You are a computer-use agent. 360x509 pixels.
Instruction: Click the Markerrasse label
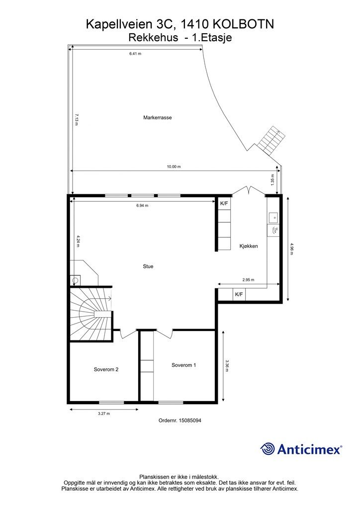pyautogui.click(x=158, y=117)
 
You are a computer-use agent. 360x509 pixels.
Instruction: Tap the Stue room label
pyautogui.click(x=148, y=266)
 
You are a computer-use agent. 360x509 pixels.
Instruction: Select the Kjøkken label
pyautogui.click(x=249, y=246)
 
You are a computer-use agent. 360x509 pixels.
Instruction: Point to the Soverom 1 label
pyautogui.click(x=184, y=365)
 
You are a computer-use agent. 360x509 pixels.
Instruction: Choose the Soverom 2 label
pyautogui.click(x=106, y=369)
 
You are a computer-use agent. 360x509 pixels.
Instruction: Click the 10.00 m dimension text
pyautogui.click(x=174, y=167)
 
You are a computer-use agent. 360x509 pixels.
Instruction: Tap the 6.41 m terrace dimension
pyautogui.click(x=135, y=54)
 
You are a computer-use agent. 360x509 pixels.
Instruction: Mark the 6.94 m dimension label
pyautogui.click(x=142, y=205)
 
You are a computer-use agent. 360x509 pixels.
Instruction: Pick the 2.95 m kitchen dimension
pyautogui.click(x=248, y=280)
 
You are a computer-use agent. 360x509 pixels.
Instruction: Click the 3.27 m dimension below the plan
pyautogui.click(x=104, y=414)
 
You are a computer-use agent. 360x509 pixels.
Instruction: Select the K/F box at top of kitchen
pyautogui.click(x=224, y=203)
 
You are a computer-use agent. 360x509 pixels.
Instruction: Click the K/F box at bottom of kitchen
pyautogui.click(x=239, y=294)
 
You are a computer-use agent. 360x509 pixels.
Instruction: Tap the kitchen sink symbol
pyautogui.click(x=273, y=217)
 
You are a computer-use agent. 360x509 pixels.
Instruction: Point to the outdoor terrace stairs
pyautogui.click(x=270, y=141)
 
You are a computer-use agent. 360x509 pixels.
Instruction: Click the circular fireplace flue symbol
pyautogui.click(x=75, y=280)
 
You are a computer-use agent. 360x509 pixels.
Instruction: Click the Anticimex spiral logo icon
pyautogui.click(x=268, y=449)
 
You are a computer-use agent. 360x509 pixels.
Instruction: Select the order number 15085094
pyautogui.click(x=189, y=421)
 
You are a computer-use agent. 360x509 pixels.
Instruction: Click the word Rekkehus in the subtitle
pyautogui.click(x=153, y=38)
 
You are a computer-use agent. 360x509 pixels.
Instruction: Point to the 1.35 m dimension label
pyautogui.click(x=272, y=179)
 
